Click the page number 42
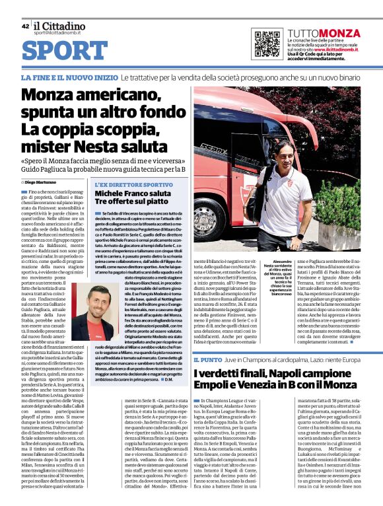(25, 26)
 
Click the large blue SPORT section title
(69, 51)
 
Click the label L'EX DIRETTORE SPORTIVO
(134, 185)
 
